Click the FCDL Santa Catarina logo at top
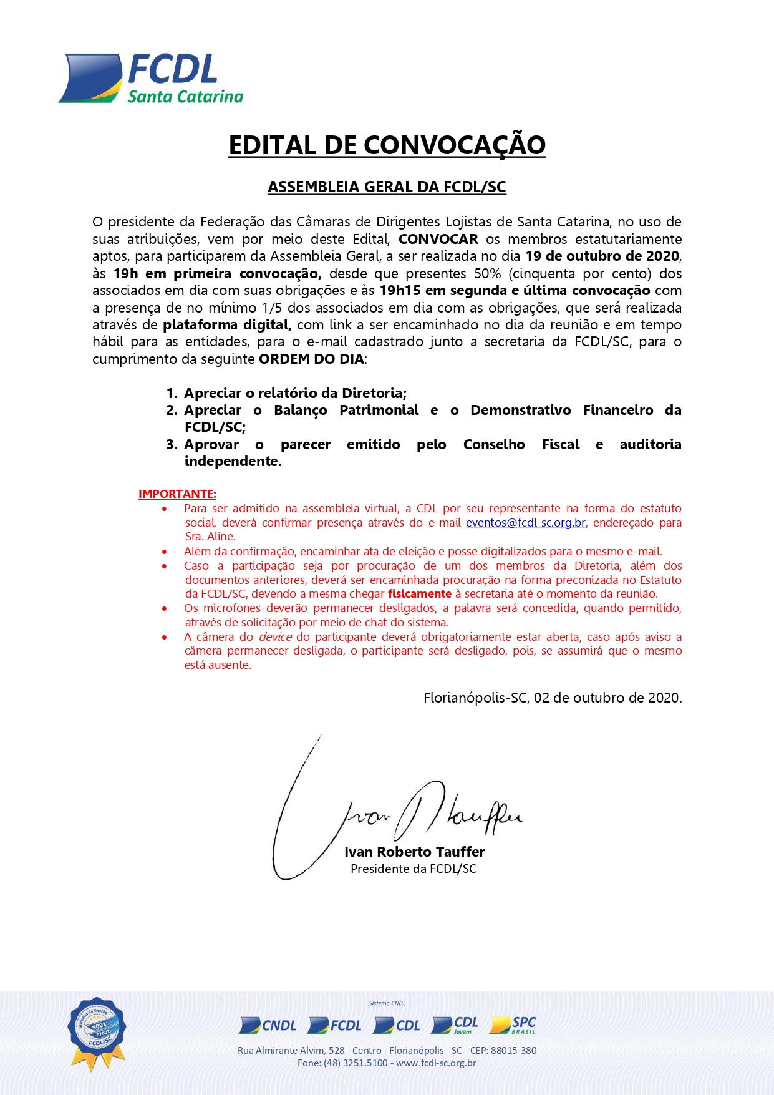pos(150,79)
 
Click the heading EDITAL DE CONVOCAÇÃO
pos(387,145)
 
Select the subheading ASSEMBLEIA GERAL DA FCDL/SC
pos(387,187)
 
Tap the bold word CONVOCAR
pos(438,240)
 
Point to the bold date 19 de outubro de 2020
pos(602,256)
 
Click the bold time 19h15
pos(400,291)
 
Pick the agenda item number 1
pos(172,394)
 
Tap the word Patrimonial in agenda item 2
pos(379,411)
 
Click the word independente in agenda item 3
pos(233,462)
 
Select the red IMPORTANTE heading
pos(177,494)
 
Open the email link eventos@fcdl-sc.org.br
pos(525,523)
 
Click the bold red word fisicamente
pos(419,594)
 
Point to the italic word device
pos(275,637)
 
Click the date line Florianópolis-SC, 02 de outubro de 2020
pos(553,698)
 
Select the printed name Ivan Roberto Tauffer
pos(414,852)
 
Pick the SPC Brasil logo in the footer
pos(513,1025)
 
